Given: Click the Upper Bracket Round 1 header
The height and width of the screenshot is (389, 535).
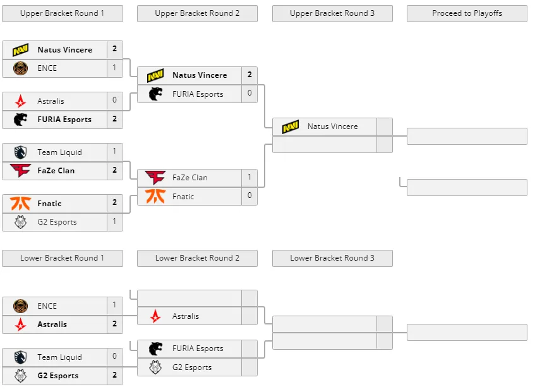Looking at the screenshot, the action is pos(63,13).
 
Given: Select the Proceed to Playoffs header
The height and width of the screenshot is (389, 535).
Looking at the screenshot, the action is pos(467,13).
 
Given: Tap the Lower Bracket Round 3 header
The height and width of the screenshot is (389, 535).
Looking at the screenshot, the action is pos(332,258).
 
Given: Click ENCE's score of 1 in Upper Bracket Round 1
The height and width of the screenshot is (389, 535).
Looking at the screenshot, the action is pos(115,68).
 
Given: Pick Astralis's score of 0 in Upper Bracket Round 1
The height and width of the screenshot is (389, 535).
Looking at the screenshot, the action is pos(115,100).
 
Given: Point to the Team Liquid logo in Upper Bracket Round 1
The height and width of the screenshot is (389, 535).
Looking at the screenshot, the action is pos(20,152).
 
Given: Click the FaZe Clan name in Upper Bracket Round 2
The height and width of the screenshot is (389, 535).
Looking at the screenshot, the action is pos(190,178).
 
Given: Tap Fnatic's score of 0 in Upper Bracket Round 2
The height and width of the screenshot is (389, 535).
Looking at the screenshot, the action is pos(249,195).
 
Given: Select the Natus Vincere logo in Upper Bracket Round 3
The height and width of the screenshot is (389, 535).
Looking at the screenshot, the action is pos(291,127).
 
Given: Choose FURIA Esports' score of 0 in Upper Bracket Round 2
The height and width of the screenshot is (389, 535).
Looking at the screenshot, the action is pos(249,93).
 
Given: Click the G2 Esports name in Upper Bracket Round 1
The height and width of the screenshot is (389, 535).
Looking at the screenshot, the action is pos(57,222).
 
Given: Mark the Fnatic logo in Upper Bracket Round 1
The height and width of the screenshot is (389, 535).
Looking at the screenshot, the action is pos(20,204).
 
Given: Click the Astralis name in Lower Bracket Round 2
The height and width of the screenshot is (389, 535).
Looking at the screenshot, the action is pos(186,316).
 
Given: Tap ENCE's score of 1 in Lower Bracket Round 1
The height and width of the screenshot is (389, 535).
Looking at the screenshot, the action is pos(115,305).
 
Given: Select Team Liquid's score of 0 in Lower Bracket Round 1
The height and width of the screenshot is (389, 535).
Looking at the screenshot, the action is pos(115,356).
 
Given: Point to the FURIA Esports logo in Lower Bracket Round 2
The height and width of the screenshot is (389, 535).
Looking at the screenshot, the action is pos(155,349).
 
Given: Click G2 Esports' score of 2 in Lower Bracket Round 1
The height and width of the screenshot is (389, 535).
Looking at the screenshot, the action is pos(115,375).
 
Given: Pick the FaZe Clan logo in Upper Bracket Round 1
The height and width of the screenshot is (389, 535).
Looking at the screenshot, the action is pos(20,170).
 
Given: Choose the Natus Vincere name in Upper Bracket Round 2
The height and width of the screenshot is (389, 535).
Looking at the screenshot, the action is pos(200,75).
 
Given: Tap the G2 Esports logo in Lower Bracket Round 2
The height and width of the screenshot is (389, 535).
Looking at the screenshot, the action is pos(155,367).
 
